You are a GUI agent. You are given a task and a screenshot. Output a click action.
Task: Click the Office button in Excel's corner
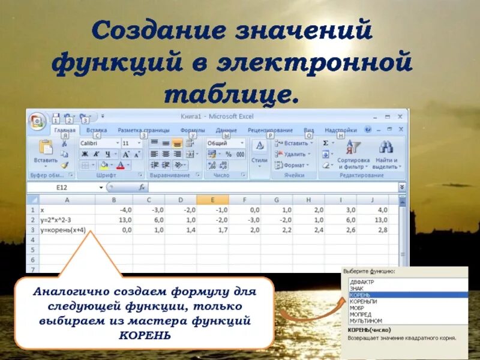click(x=38, y=122)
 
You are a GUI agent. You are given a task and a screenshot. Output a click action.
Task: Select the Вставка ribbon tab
click(x=97, y=130)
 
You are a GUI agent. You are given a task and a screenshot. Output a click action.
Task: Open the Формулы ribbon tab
click(x=193, y=130)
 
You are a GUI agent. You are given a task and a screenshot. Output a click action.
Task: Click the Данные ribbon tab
click(x=226, y=130)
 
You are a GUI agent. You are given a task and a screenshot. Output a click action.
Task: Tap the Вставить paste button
click(x=46, y=152)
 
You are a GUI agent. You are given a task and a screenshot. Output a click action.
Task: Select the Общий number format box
click(x=225, y=144)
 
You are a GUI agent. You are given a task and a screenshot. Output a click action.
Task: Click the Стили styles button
click(x=259, y=152)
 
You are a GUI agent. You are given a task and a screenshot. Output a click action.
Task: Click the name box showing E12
click(x=62, y=187)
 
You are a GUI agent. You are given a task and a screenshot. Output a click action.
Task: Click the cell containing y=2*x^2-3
click(x=66, y=220)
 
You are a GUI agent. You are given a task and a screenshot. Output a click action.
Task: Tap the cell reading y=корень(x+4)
click(x=66, y=229)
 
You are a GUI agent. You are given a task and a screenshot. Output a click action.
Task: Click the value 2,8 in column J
click(x=382, y=229)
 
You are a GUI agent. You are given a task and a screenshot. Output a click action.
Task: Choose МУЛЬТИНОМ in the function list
click(x=365, y=321)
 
